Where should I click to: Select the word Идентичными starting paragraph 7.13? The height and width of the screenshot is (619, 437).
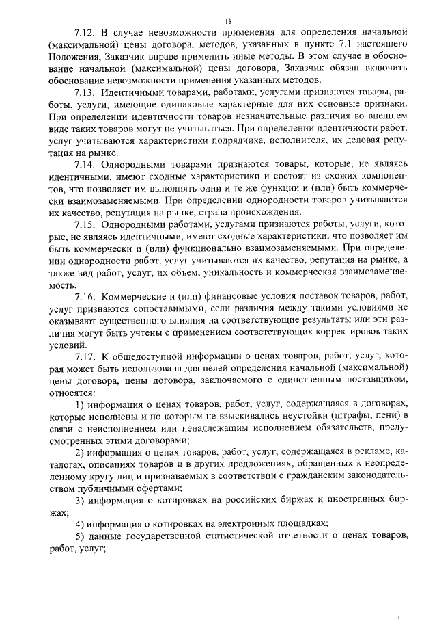132,92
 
